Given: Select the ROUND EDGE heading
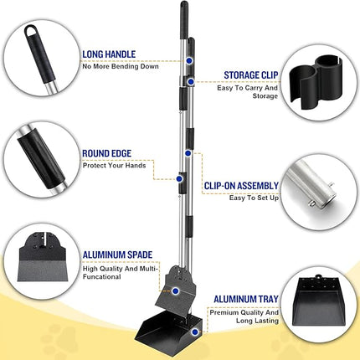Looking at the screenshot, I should point(110,153).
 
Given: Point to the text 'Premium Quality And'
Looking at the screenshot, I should point(245,311).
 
